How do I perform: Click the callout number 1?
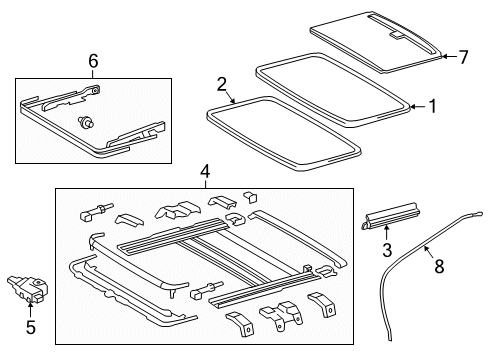432,107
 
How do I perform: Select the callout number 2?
222,84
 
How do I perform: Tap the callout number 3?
387,250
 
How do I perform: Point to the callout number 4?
205,172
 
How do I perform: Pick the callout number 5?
31,327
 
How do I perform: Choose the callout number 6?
93,61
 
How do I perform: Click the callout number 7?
463,57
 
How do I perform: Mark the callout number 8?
439,266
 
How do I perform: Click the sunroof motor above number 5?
27,288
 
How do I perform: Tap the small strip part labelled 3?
390,216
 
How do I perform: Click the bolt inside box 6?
86,122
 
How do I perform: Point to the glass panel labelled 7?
377,42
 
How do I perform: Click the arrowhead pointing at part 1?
412,107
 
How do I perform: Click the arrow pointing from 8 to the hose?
429,252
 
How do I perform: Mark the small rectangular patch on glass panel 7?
396,35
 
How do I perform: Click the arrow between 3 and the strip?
387,233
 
